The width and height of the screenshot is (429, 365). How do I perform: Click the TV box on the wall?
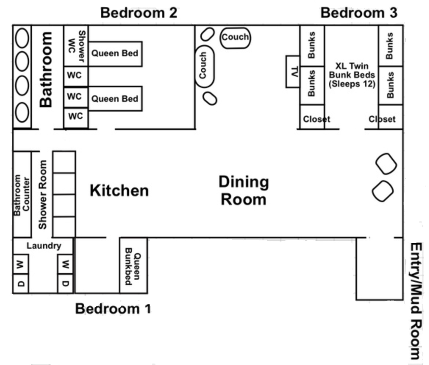[293, 71]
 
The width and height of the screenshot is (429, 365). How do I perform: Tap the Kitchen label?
[119, 190]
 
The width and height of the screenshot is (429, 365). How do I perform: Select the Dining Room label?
[244, 190]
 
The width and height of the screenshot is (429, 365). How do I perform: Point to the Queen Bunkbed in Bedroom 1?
[134, 265]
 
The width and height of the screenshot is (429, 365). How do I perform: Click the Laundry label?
[44, 246]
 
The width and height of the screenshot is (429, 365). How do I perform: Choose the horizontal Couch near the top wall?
[235, 38]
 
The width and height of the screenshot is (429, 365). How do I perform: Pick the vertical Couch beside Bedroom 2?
[205, 66]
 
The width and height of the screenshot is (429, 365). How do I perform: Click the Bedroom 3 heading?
[359, 13]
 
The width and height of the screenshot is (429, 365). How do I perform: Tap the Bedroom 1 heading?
[113, 309]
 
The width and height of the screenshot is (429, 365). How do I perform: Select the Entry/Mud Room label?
[416, 301]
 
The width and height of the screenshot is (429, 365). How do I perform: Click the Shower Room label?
[43, 195]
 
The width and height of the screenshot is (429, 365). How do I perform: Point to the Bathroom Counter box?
[22, 194]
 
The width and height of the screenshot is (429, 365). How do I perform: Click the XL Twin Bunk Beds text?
[352, 75]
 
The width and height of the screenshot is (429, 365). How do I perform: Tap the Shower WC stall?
[76, 46]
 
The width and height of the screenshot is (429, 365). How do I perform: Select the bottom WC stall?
[76, 118]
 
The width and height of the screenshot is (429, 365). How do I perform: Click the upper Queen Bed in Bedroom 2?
[115, 54]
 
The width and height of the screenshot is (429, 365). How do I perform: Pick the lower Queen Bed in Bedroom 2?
[115, 99]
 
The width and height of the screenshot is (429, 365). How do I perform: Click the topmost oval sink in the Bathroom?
[22, 38]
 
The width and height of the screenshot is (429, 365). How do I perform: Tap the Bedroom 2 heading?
[139, 13]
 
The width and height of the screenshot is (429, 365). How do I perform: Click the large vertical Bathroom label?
[46, 69]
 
